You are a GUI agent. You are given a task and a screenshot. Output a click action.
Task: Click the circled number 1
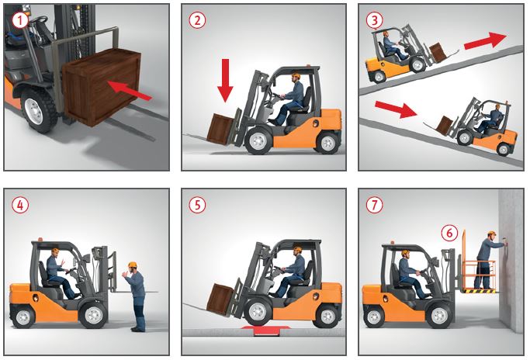click(20, 21)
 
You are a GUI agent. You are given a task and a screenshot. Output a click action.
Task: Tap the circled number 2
click(197, 21)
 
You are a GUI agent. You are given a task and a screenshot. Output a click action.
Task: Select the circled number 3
click(374, 21)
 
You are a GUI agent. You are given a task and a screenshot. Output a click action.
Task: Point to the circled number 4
click(20, 205)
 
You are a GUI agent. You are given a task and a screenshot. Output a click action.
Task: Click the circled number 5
click(197, 205)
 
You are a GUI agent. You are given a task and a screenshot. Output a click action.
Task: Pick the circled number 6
click(449, 234)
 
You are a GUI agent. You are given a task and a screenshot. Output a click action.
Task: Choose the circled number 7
click(374, 205)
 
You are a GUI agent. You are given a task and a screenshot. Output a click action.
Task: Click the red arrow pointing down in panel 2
click(225, 81)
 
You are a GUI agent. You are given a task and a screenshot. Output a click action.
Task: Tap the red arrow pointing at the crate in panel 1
click(130, 90)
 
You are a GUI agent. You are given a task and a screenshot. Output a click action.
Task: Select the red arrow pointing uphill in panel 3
click(486, 40)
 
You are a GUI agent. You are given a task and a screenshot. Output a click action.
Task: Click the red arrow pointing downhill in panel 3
click(397, 109)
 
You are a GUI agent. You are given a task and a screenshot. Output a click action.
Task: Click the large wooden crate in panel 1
click(102, 87)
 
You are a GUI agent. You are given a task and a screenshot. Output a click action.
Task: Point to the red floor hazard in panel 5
click(267, 330)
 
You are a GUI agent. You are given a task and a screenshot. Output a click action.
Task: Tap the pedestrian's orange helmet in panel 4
click(133, 265)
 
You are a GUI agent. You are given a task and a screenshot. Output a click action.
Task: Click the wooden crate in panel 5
click(220, 299)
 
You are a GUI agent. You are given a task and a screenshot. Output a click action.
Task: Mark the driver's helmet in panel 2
click(296, 76)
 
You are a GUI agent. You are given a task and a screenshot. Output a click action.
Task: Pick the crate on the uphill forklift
click(438, 53)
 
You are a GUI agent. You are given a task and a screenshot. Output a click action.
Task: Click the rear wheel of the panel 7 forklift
click(373, 317)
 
